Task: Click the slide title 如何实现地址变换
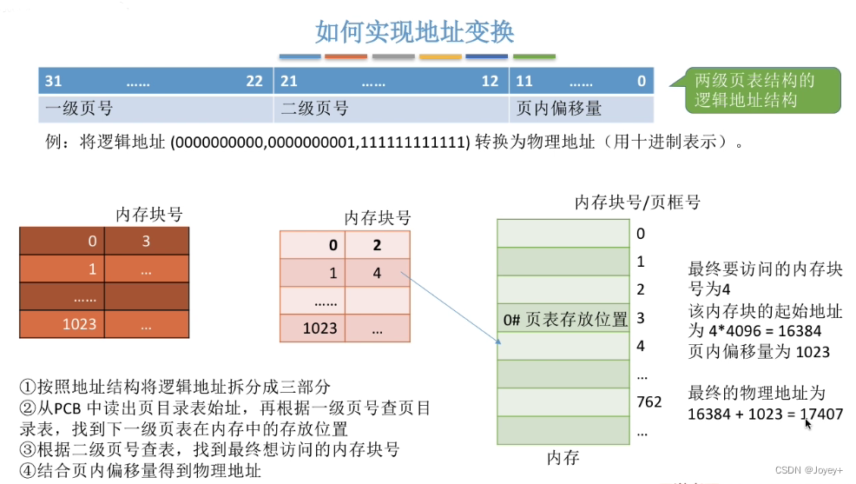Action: point(414,32)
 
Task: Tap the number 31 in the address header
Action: point(53,81)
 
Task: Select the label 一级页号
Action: point(79,109)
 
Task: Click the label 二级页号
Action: point(314,109)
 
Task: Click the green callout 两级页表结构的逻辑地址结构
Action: point(755,90)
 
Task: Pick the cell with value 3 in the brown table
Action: point(146,242)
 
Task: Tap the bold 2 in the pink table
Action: point(377,245)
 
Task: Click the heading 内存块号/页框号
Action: point(637,202)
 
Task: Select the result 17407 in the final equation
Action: point(822,414)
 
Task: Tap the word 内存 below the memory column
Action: point(563,457)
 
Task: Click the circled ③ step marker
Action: point(27,449)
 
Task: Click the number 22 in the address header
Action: point(254,81)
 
